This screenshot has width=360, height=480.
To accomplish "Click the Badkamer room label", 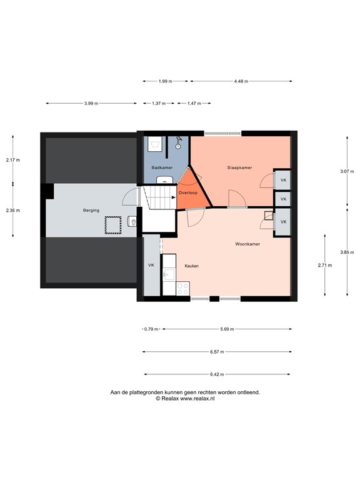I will (162, 167).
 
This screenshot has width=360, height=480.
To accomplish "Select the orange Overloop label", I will (188, 193).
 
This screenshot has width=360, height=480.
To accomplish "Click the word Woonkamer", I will (247, 244).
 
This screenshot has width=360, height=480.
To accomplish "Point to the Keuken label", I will (191, 266).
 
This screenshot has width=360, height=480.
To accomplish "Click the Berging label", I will (91, 211).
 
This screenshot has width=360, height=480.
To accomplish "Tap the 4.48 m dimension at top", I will (241, 81).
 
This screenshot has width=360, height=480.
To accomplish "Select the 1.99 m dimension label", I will (166, 81).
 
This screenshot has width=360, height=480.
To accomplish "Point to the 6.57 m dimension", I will (217, 352).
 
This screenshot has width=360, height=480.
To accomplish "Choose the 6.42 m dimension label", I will (217, 374).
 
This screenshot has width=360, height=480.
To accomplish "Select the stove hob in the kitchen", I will (183, 288).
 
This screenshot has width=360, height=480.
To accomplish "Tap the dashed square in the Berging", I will (112, 224).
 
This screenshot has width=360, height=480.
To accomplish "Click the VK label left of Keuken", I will (151, 266).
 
